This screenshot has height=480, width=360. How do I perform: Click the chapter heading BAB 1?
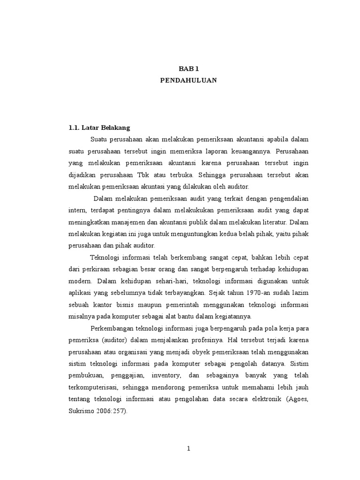[x=188, y=68]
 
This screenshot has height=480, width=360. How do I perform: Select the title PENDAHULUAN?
[x=188, y=80]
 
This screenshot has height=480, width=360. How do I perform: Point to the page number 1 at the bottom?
[x=188, y=449]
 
